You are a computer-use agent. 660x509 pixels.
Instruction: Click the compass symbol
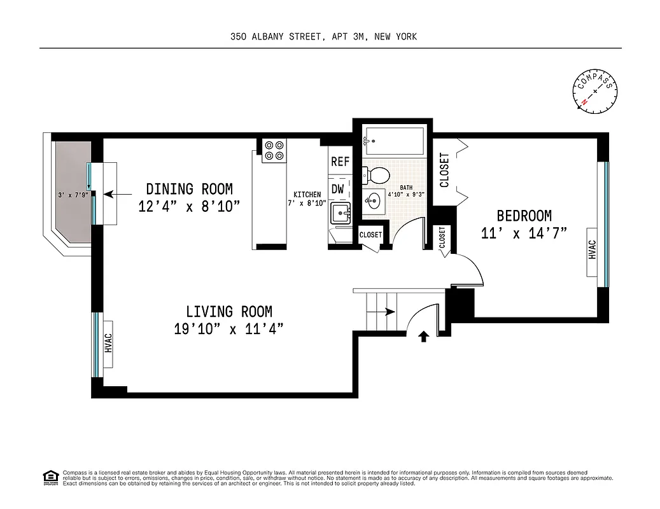point(595,92)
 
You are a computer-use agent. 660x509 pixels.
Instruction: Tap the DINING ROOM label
point(189,189)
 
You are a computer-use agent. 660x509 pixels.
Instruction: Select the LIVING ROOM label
point(229,312)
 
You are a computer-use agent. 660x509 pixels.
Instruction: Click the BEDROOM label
point(524,216)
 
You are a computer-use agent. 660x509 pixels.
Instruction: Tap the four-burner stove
point(275,150)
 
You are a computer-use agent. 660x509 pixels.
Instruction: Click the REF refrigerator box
point(340,162)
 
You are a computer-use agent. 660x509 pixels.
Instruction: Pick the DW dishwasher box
point(338,189)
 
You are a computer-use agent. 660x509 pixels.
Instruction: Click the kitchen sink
point(342,214)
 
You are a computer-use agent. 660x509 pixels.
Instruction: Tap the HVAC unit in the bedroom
point(593,249)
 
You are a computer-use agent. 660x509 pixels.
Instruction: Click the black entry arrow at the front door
point(423,335)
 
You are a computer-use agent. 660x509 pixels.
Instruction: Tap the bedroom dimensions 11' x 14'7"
point(524,234)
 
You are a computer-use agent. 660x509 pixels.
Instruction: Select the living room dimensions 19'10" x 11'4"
point(228,329)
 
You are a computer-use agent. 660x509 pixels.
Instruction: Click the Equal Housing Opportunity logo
point(50,477)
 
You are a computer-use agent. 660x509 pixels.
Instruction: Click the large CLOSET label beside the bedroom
point(444,170)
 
